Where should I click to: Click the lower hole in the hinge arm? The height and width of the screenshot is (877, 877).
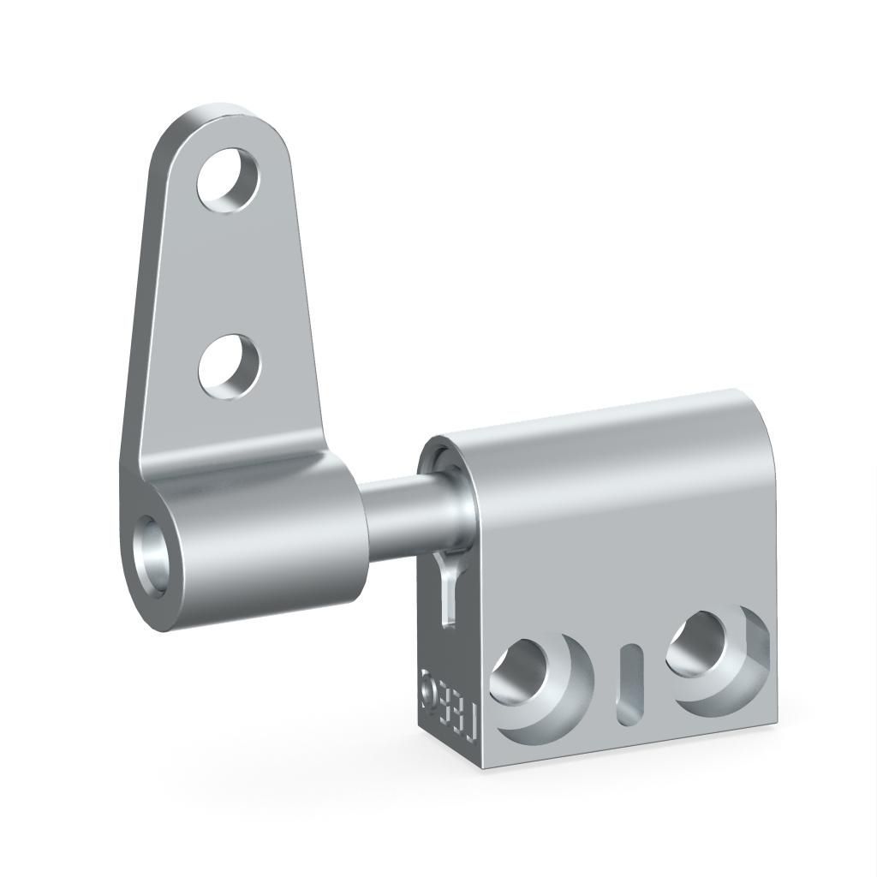[229, 367]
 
